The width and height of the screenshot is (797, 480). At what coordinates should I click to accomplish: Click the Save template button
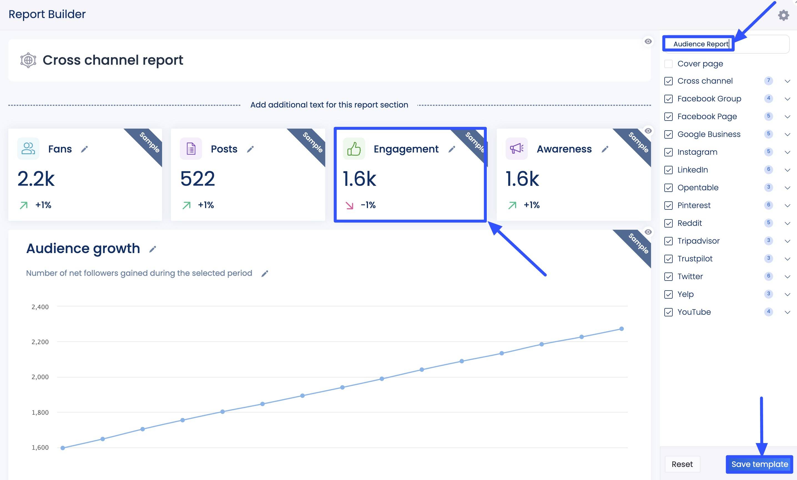[759, 464]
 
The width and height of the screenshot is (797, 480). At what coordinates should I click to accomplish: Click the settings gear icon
[783, 15]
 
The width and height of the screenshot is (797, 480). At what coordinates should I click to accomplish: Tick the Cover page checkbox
[669, 64]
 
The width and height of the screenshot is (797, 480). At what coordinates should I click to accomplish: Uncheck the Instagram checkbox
[669, 152]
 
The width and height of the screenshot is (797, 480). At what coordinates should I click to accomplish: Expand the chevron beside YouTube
[787, 312]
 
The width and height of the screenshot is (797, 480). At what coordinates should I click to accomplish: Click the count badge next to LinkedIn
[769, 169]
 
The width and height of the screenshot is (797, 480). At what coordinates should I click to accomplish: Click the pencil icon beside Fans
[84, 149]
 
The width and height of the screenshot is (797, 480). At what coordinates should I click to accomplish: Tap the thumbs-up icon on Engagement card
[354, 149]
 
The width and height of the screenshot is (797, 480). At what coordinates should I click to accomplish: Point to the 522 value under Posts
[197, 179]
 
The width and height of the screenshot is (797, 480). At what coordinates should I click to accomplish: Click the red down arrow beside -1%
[349, 205]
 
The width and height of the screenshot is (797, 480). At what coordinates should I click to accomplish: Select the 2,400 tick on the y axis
[40, 307]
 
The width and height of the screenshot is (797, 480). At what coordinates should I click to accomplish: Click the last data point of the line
[621, 329]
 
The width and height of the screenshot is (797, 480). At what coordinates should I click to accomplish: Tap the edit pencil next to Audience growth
[152, 249]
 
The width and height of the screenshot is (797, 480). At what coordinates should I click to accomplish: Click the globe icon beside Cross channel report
[28, 60]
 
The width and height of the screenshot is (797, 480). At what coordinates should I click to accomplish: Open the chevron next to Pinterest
[787, 205]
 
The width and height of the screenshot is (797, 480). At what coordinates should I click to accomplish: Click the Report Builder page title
[47, 14]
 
